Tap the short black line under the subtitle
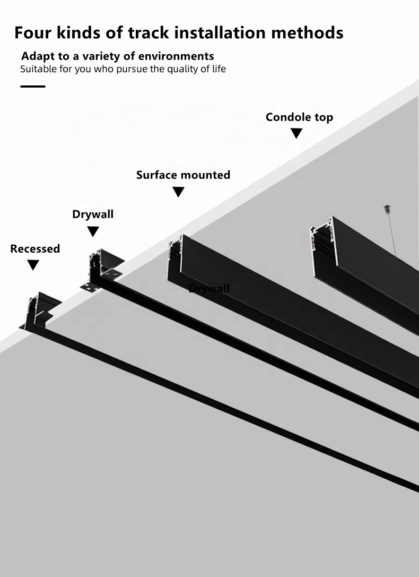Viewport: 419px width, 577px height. [33, 86]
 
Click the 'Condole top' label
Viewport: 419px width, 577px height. [299, 117]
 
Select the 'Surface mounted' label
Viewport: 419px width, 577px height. [183, 175]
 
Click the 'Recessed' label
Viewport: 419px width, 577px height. [35, 248]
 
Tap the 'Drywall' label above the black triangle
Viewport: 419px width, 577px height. [93, 214]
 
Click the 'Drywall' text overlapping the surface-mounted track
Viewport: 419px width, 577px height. [210, 288]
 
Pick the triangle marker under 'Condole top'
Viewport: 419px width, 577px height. [296, 133]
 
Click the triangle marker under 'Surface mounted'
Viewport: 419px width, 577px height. [179, 192]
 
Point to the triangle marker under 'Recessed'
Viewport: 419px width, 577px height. [33, 265]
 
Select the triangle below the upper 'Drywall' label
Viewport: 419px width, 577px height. [93, 231]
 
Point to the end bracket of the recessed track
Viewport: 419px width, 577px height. [39, 311]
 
